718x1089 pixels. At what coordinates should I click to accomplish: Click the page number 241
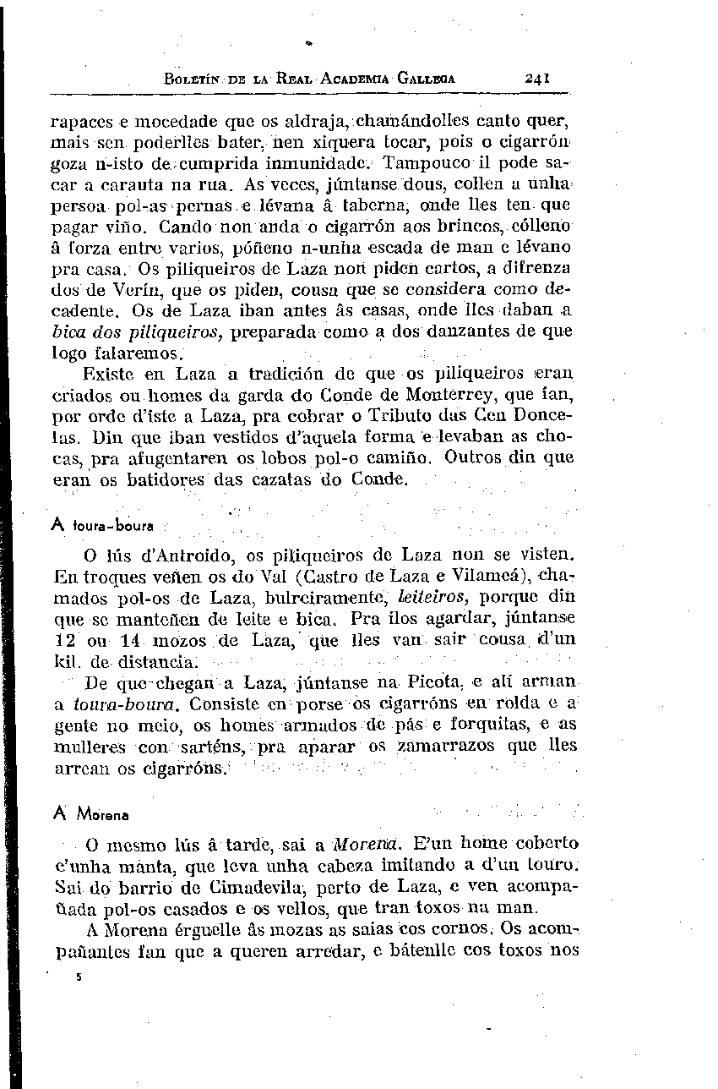pyautogui.click(x=537, y=77)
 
